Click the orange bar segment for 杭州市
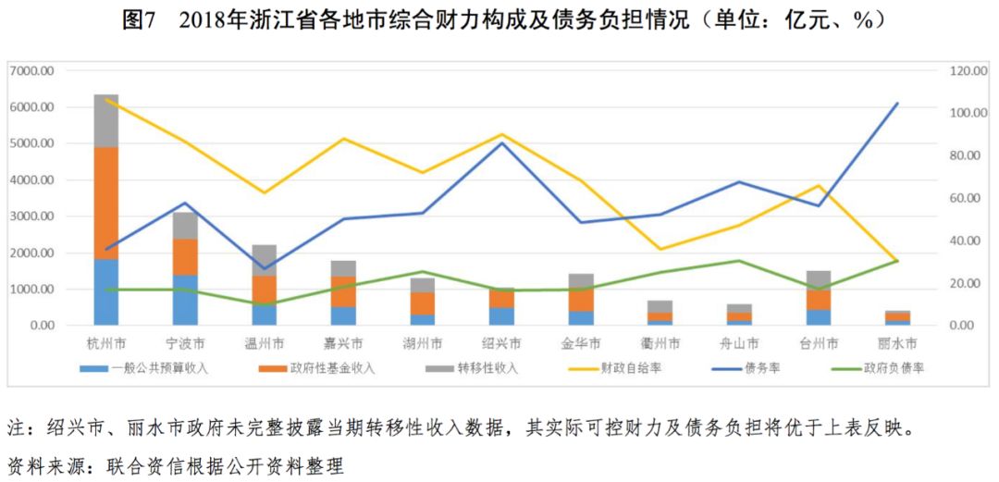coord(106,203)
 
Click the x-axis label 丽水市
coord(896,343)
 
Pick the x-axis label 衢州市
coord(660,343)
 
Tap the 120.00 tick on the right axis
coord(959,71)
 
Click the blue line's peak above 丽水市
coord(896,104)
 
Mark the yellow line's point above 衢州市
coord(660,249)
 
